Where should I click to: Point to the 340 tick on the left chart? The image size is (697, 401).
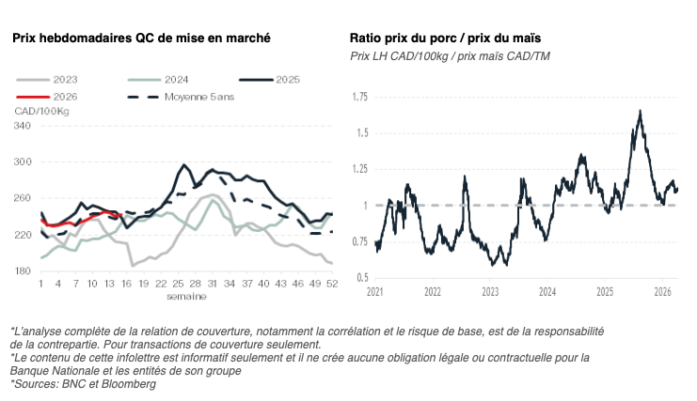pos(23,125)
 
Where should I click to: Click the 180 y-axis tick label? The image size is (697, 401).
pos(23,271)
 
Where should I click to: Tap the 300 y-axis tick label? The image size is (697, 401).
pos(23,162)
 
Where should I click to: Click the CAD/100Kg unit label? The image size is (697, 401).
pos(41,112)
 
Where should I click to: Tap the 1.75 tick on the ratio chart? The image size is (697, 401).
pos(358,97)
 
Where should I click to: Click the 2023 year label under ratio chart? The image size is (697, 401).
pos(490,292)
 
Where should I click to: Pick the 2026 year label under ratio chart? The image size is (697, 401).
pos(662,292)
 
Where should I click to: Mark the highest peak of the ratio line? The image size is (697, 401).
pos(641,111)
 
